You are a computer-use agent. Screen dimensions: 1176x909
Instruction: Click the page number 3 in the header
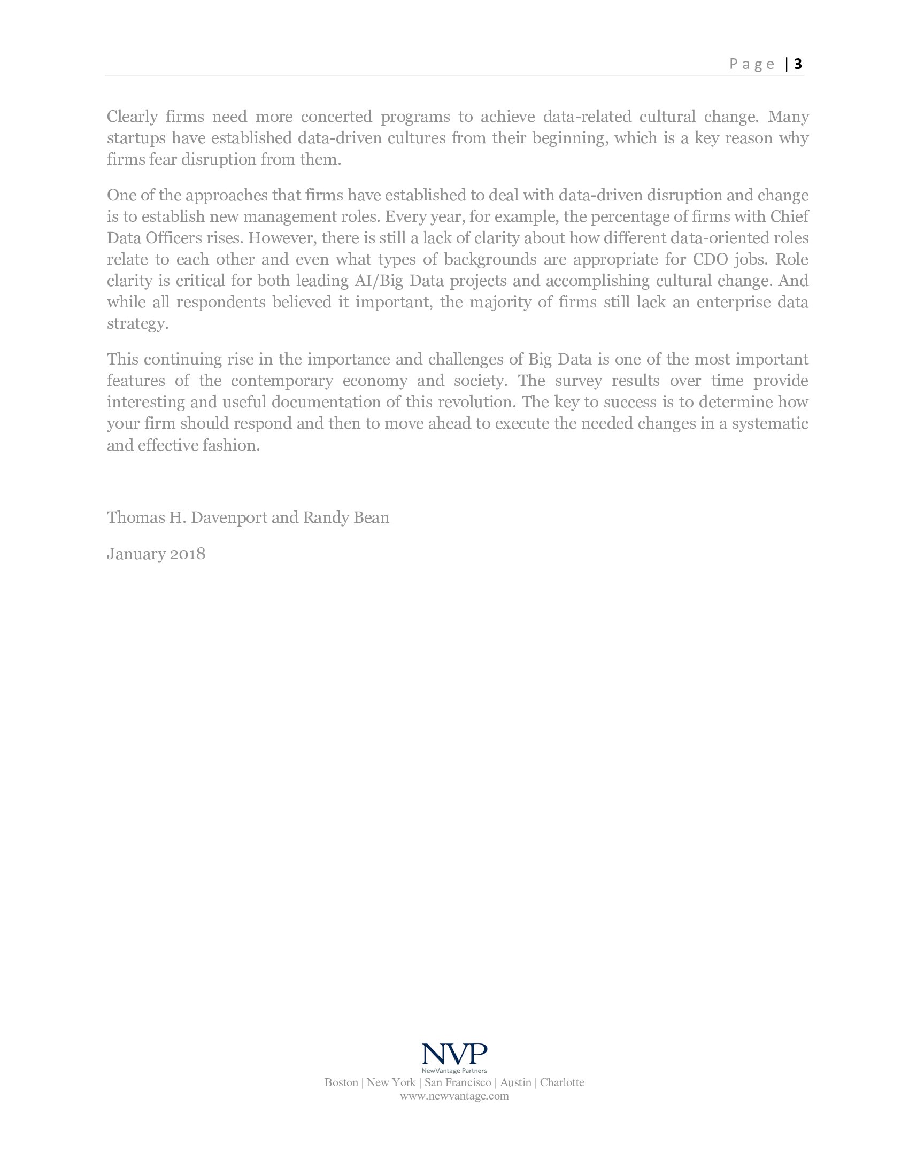(x=798, y=64)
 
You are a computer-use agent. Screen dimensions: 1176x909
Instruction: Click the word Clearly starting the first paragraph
(x=132, y=117)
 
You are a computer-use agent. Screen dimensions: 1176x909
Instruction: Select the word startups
(x=136, y=138)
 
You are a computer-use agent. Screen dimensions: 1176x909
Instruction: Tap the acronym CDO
(x=709, y=260)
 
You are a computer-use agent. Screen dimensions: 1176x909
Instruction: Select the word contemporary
(x=282, y=381)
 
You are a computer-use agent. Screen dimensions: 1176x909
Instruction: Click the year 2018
(x=187, y=554)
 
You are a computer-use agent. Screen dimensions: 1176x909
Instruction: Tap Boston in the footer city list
(x=341, y=1083)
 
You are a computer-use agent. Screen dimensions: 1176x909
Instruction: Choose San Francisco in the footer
(x=457, y=1083)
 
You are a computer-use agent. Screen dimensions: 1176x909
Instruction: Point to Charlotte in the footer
(x=561, y=1083)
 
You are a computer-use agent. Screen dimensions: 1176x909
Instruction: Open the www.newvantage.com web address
(x=454, y=1096)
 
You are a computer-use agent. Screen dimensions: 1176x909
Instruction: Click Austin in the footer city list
(x=515, y=1083)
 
